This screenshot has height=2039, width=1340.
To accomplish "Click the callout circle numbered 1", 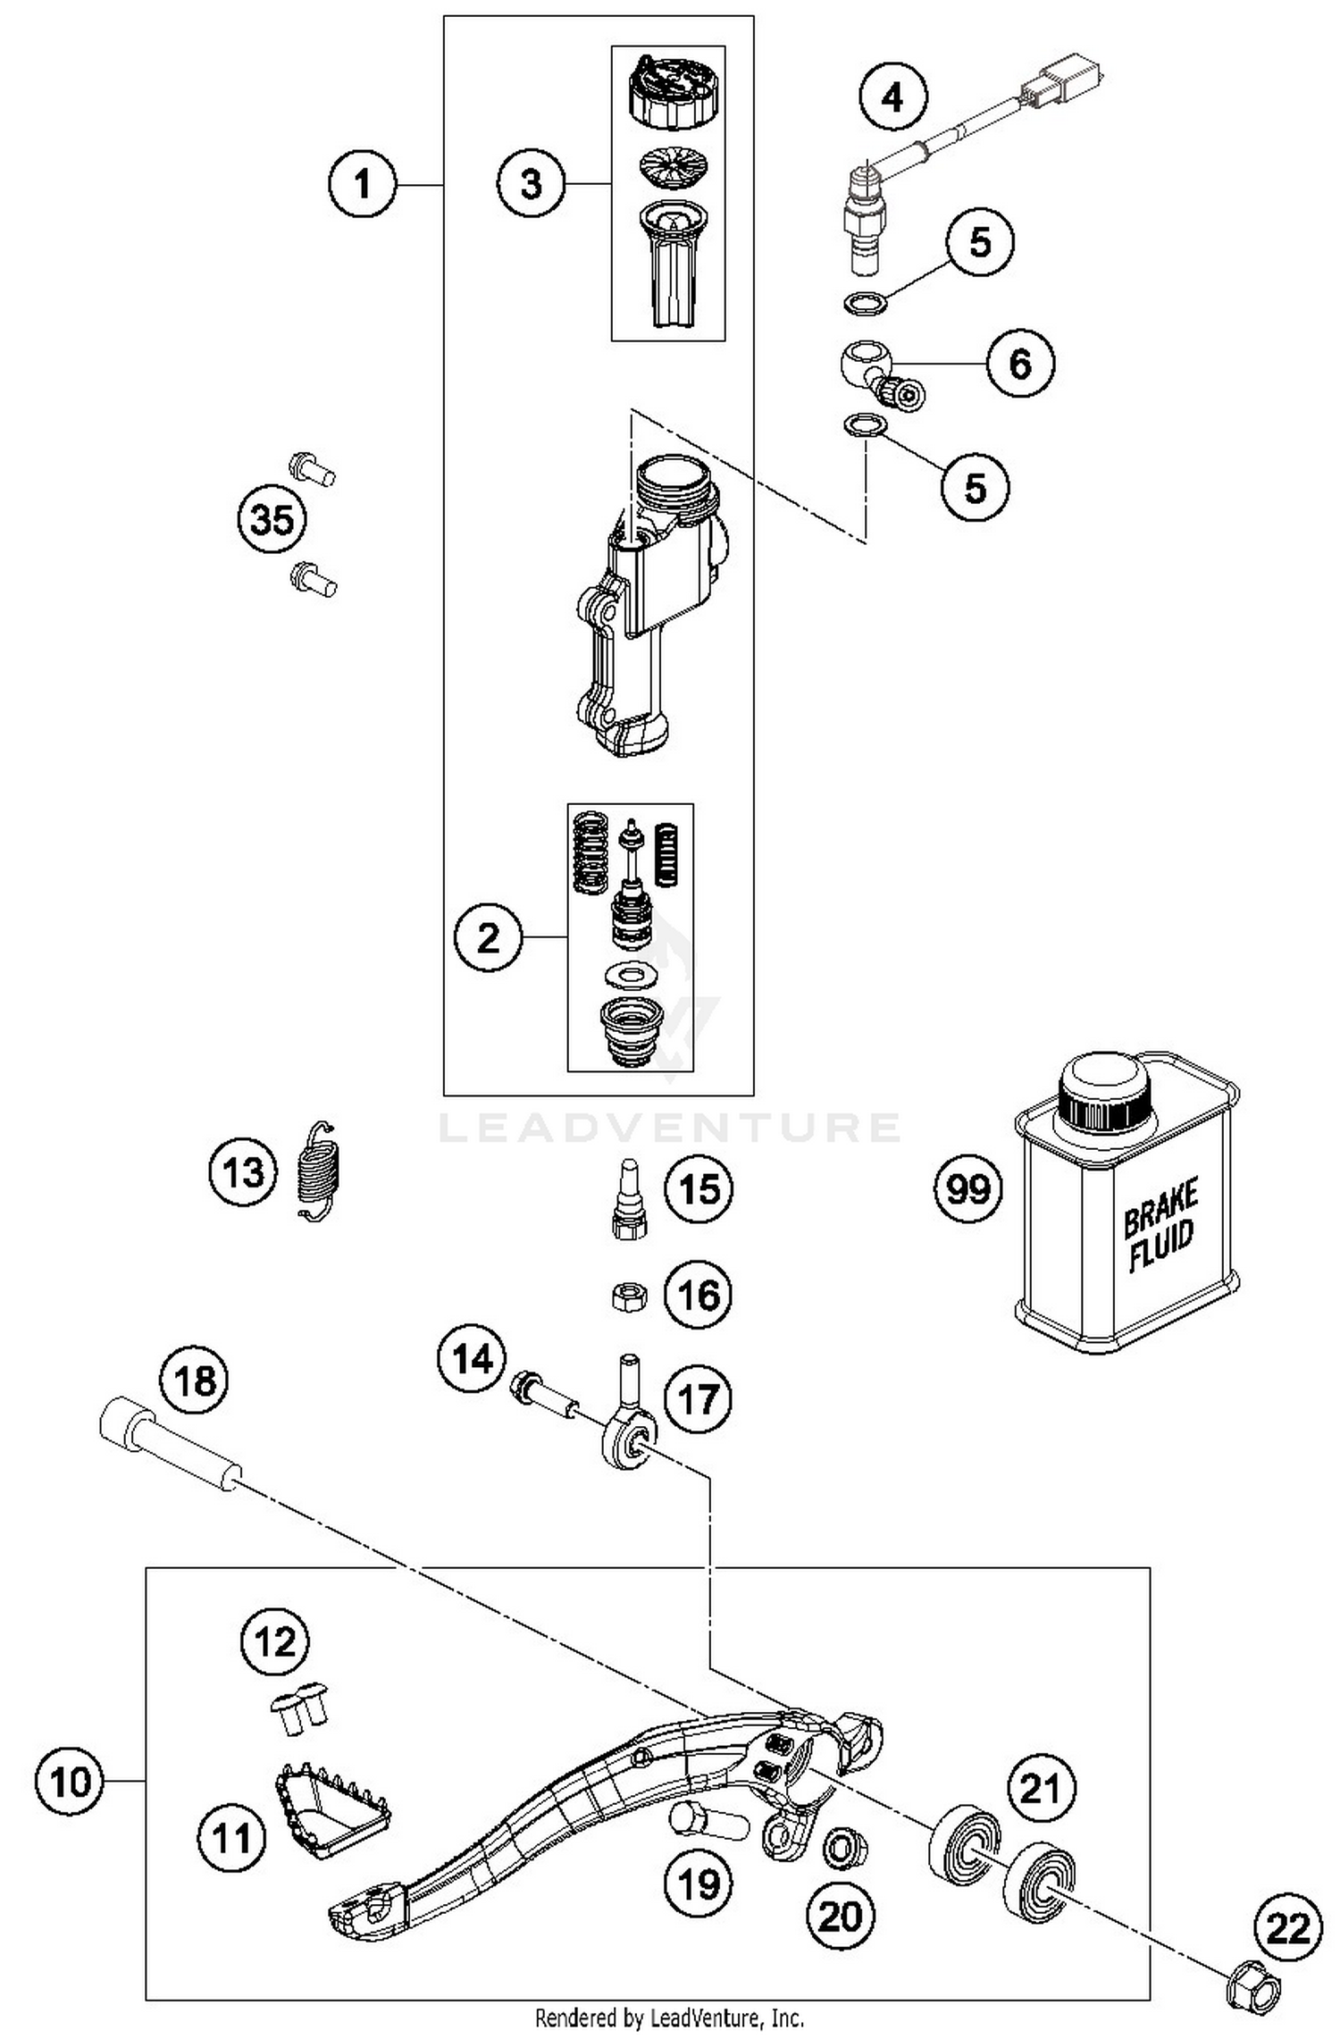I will coord(361,185).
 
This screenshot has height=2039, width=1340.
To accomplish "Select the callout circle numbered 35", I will coord(272,518).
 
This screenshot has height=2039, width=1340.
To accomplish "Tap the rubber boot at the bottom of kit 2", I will coord(631,1031).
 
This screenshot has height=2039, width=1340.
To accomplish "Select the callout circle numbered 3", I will coord(531,185).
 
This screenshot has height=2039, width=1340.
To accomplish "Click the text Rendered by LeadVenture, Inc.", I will coord(669,2016).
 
